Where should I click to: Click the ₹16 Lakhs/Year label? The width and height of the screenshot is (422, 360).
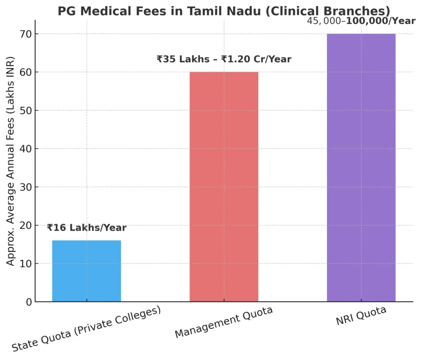tap(87, 228)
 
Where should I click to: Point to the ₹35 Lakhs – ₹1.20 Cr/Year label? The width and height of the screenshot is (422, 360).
tap(224, 59)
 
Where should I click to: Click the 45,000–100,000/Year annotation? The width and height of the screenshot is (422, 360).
tap(361, 21)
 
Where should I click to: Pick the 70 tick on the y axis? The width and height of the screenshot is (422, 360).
tap(26, 34)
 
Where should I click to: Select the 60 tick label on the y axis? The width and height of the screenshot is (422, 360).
tap(26, 72)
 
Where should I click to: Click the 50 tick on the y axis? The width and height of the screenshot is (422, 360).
tap(26, 110)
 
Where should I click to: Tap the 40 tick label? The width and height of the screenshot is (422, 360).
tap(26, 149)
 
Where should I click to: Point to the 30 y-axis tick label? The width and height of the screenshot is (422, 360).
tap(26, 187)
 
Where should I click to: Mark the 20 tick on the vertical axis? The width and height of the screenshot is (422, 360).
tap(26, 225)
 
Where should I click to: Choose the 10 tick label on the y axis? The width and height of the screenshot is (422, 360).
tap(26, 264)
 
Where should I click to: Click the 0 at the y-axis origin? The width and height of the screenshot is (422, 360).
tap(28, 302)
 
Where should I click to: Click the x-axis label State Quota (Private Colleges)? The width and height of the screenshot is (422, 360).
tap(86, 329)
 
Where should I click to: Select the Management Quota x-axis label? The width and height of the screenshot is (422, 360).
tap(224, 323)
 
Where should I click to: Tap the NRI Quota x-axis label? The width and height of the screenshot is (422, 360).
tap(361, 316)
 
